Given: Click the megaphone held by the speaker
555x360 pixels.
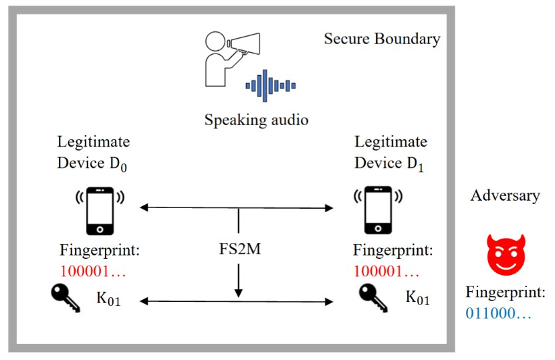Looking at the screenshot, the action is point(244,43).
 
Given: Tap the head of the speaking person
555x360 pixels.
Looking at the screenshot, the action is point(215,41).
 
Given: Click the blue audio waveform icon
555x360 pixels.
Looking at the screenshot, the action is point(270,86).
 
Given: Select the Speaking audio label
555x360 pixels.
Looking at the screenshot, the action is point(256,120).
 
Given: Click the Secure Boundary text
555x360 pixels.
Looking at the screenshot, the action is point(382,39).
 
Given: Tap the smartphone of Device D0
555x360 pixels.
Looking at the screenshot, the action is point(100,211).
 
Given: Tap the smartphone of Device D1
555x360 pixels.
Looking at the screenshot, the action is point(378,210).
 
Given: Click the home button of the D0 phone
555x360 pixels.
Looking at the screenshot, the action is point(100,230).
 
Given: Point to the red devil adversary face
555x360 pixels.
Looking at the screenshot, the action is point(506,254).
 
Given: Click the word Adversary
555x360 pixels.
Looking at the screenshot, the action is point(505,195).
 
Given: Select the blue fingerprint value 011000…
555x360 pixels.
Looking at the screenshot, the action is point(498,313).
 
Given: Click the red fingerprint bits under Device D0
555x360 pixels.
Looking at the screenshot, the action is point(93,272).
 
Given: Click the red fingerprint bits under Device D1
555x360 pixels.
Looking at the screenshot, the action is point(386,272).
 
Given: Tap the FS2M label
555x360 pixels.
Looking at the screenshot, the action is point(239,249).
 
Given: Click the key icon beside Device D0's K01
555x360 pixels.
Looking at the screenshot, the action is point(66,298).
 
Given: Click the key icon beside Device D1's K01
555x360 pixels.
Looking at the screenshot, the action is point(373,298).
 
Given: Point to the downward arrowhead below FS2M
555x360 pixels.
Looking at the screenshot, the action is point(239,293).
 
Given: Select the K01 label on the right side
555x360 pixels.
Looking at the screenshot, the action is point(418,298).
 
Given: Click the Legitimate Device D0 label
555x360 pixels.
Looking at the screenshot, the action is point(94,153).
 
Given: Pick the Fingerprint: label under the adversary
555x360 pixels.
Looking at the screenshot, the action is point(506,292).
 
